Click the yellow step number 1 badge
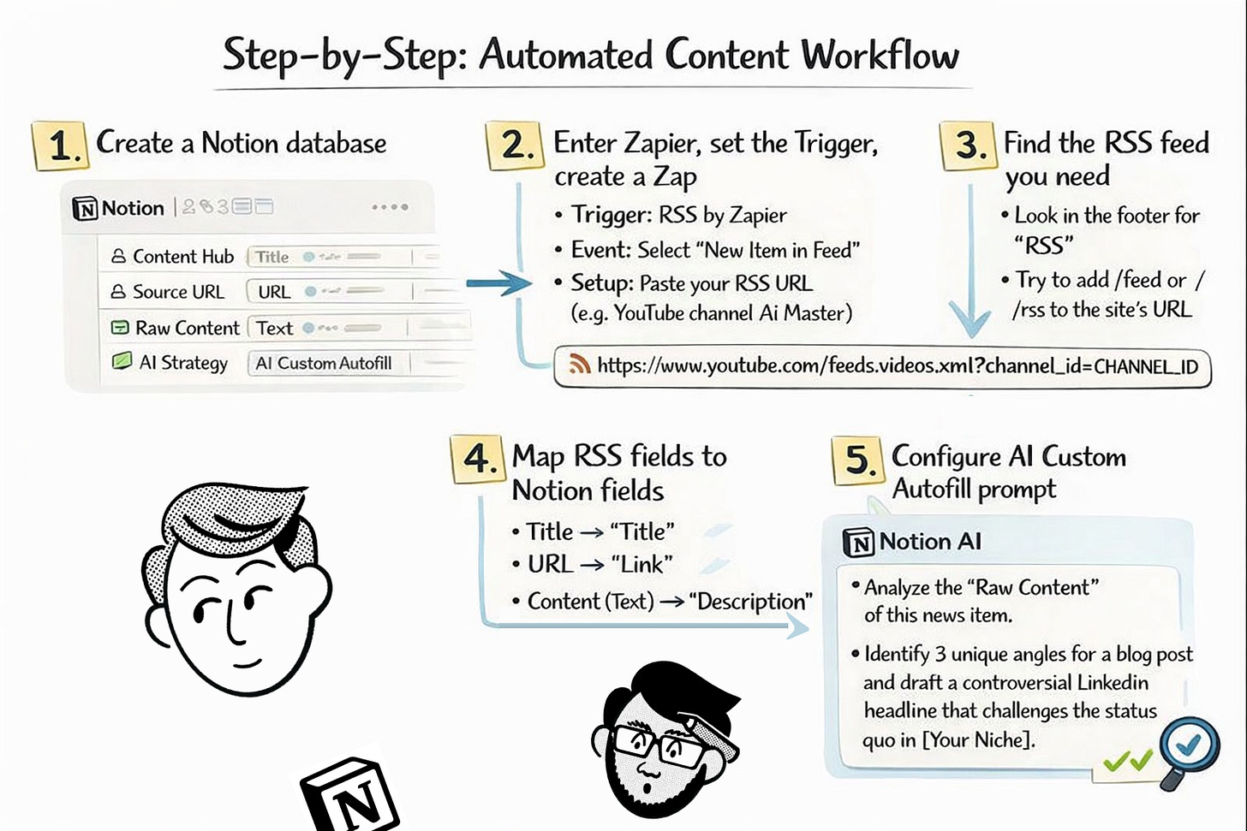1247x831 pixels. click(x=59, y=145)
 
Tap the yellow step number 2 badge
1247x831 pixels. click(x=514, y=145)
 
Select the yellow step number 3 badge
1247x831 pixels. click(x=968, y=145)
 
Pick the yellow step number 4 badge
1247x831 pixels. click(x=477, y=458)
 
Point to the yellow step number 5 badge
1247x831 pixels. click(x=857, y=460)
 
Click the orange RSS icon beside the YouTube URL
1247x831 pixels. click(x=580, y=365)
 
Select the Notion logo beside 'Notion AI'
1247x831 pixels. click(x=858, y=543)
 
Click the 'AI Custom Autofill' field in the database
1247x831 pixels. click(x=324, y=364)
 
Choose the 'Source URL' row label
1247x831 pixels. click(x=177, y=292)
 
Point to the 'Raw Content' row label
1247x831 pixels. click(x=187, y=328)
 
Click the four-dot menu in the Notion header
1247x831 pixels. click(x=390, y=207)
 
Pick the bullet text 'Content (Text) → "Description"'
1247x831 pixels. click(x=669, y=602)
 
